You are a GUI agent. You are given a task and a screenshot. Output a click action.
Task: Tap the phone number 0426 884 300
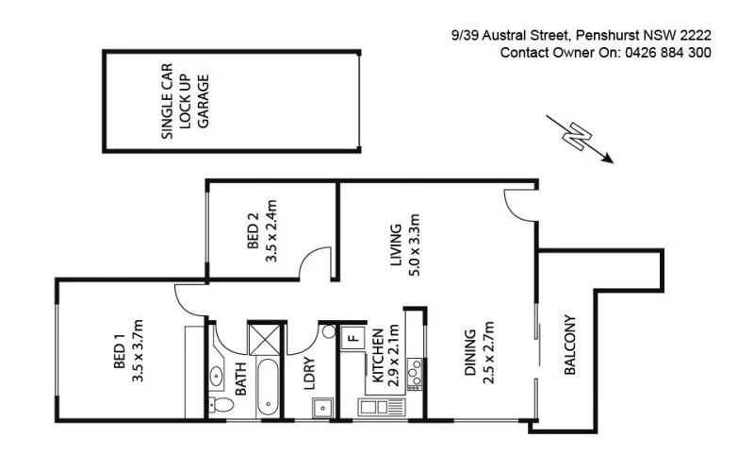point(666,53)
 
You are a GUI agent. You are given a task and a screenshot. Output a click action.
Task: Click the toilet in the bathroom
point(220,405)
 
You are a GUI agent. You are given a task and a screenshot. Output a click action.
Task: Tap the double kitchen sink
point(376,408)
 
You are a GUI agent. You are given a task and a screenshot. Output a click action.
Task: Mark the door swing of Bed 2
point(315,265)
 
